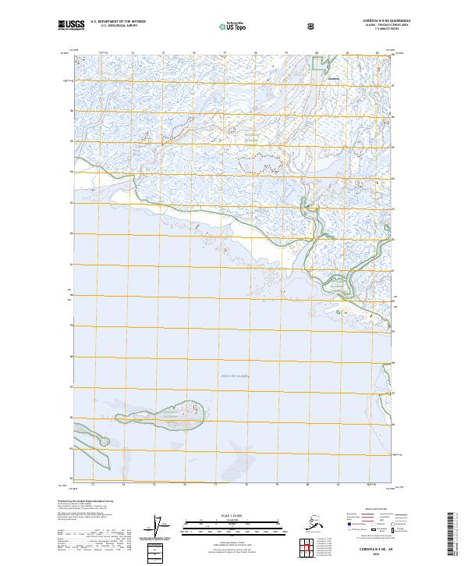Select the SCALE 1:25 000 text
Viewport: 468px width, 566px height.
click(x=232, y=516)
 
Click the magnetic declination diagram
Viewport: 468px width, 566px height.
click(x=162, y=528)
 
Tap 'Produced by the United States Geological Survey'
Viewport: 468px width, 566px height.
click(x=86, y=500)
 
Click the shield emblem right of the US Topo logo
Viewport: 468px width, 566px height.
click(x=313, y=27)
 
